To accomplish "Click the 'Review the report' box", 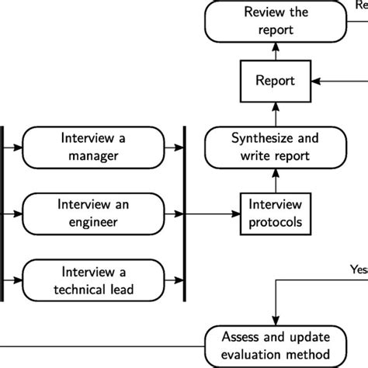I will pyautogui.click(x=276, y=20).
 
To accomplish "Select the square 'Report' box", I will pyautogui.click(x=276, y=80).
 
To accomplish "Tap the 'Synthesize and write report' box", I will pyautogui.click(x=276, y=147).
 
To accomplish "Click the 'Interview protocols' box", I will pyautogui.click(x=276, y=214).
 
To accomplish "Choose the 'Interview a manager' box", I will pyautogui.click(x=95, y=147).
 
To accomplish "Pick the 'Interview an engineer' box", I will pyautogui.click(x=95, y=214).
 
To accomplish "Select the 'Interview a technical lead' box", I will pyautogui.click(x=95, y=282).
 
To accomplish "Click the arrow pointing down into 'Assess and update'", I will pyautogui.click(x=276, y=311).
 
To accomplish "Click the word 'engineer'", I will pyautogui.click(x=95, y=223).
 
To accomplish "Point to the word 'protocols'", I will pyautogui.click(x=276, y=223).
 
